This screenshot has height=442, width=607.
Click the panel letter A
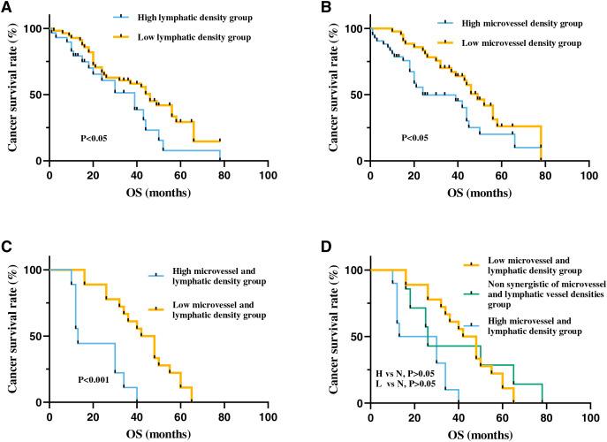[7, 7]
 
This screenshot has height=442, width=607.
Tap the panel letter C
[7, 249]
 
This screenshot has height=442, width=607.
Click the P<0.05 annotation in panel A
[95, 137]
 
